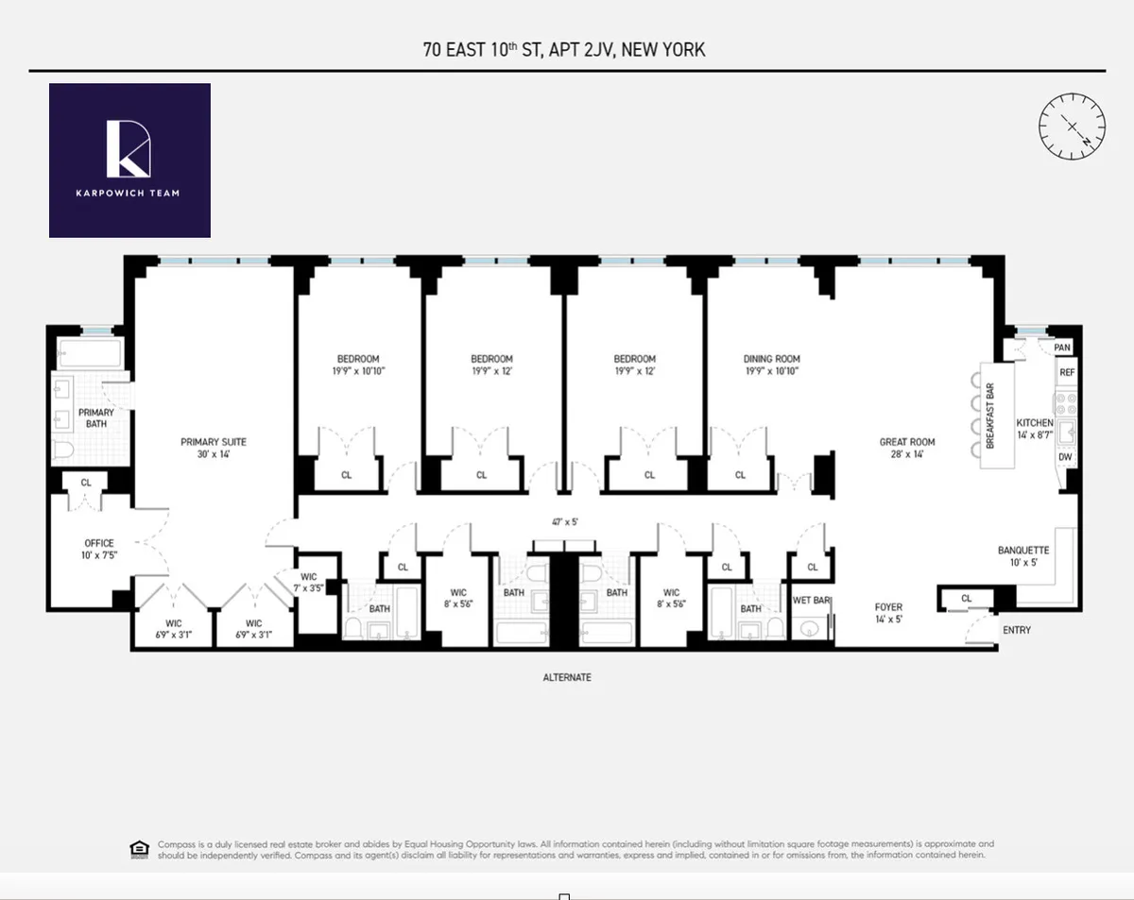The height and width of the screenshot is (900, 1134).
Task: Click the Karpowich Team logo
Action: pos(129,161)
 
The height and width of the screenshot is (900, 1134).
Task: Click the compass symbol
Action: pos(1072,126)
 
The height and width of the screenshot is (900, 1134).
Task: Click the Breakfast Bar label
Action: pos(990,416)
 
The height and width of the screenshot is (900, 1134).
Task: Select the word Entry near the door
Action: pos(1016,630)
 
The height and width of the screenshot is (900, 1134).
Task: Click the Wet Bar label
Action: pos(810,601)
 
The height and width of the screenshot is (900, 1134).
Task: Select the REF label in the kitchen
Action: pos(1067,373)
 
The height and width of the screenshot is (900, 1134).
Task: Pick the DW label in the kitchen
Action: pos(1065,458)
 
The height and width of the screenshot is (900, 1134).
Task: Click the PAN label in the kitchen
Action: pos(1062,348)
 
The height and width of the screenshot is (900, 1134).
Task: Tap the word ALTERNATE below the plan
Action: pos(567,677)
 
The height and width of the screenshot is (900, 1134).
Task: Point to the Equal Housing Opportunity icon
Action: pos(138,849)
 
